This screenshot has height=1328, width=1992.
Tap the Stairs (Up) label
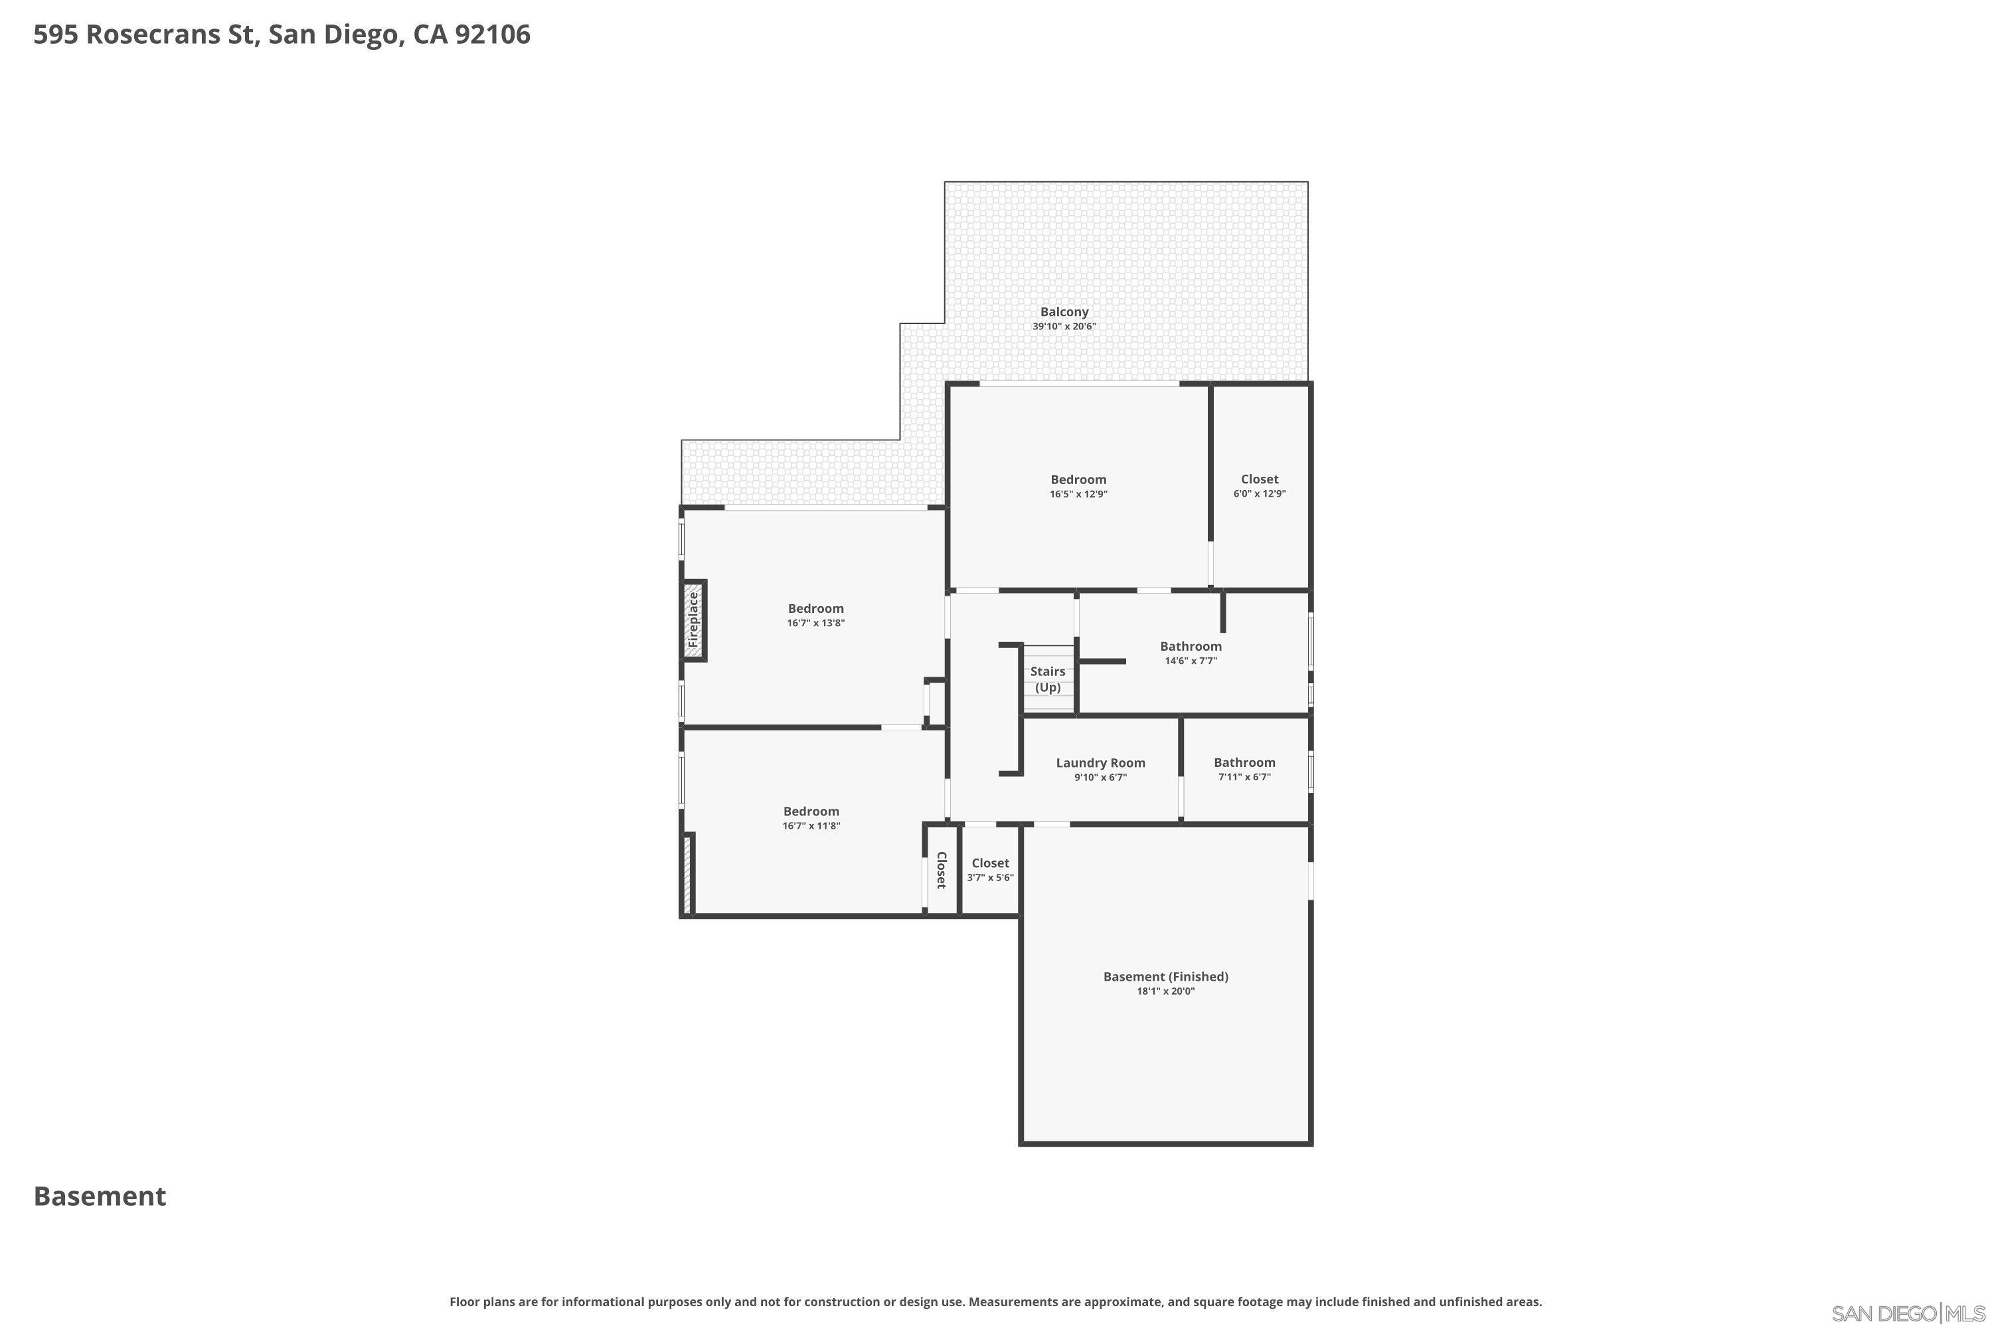[1048, 679]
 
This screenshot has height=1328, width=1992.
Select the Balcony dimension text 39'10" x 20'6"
[1064, 326]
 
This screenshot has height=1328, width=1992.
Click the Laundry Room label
[1100, 763]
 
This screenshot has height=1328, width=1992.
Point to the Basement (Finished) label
[1165, 977]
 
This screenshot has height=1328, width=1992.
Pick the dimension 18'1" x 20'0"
[1165, 991]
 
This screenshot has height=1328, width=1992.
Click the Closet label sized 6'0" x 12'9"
[1260, 479]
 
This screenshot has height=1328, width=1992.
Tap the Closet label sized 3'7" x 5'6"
[990, 863]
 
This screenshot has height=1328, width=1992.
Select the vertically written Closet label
[941, 870]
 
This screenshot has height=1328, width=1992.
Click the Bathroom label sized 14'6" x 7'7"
[1191, 646]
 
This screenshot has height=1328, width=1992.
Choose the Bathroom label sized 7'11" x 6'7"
[1244, 762]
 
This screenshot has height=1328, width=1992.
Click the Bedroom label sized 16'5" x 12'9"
[1078, 479]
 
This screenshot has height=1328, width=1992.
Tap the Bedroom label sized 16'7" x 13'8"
[815, 608]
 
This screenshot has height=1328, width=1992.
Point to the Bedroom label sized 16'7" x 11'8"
[811, 811]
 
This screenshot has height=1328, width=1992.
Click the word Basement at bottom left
[100, 1197]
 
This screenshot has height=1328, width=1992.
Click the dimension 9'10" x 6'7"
[1100, 778]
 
